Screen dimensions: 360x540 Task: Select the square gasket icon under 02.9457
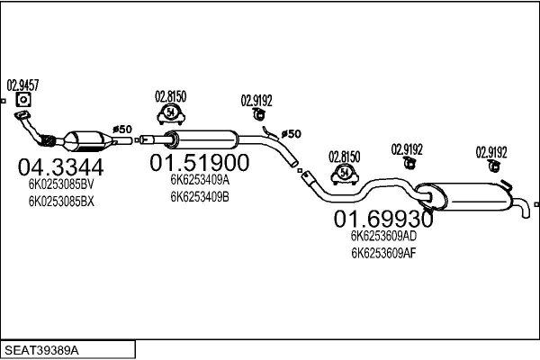coord(24,101)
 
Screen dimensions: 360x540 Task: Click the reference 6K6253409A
coord(200,179)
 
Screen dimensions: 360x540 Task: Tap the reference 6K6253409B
coord(200,196)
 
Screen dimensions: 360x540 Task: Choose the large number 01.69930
coord(384,219)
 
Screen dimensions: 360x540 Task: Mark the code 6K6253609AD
coord(384,236)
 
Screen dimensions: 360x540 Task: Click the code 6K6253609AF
coord(384,253)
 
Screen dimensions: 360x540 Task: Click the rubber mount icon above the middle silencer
coord(170,112)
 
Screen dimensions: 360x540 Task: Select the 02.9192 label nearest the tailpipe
coord(492,151)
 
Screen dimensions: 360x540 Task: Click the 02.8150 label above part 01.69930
coord(344,156)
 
